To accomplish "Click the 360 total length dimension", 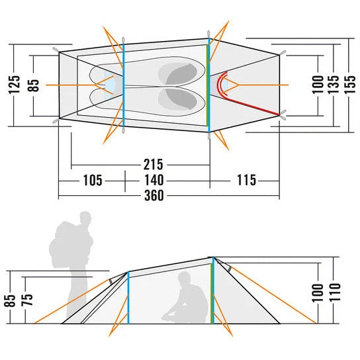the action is click(154, 196).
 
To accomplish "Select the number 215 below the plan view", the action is click(153, 164).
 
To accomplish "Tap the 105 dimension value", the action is click(92, 180).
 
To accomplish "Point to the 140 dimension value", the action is click(154, 180).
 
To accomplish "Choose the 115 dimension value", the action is click(246, 180).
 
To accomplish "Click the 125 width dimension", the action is click(15, 85).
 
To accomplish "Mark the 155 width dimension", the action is click(349, 85).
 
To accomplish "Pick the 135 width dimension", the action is click(334, 85).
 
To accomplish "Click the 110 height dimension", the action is click(335, 292).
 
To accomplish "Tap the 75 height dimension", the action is click(27, 300).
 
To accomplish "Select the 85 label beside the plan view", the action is click(34, 85).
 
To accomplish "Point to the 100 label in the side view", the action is click(318, 292).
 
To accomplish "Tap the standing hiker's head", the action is click(85, 218).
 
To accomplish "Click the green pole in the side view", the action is click(212, 293).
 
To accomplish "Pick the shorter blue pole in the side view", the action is click(128, 298).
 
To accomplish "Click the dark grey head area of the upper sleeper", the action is click(182, 74).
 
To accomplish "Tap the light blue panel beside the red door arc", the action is click(225, 85).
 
